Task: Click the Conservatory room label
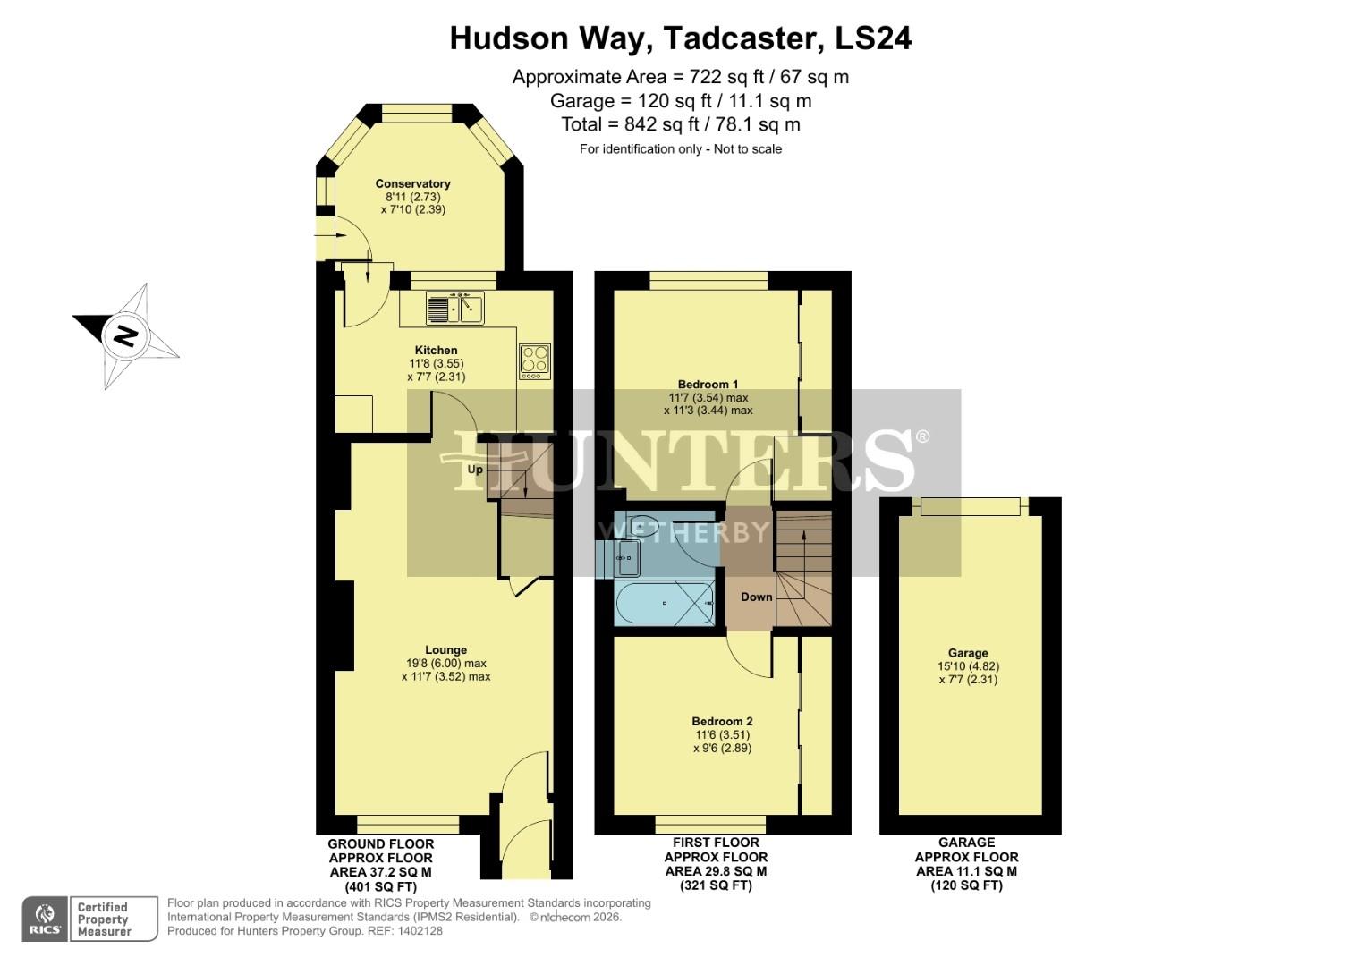point(412,184)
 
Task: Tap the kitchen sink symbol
point(455,309)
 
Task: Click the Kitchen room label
point(436,350)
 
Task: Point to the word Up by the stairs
point(475,470)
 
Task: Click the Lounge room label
point(445,650)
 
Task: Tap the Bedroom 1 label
point(708,385)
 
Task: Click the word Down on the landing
point(756,597)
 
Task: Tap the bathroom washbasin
point(627,558)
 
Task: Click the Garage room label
point(968,653)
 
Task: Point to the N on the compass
point(124,336)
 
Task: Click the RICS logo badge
point(45,919)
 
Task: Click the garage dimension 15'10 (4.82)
point(968,666)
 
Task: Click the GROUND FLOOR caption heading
point(380,844)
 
